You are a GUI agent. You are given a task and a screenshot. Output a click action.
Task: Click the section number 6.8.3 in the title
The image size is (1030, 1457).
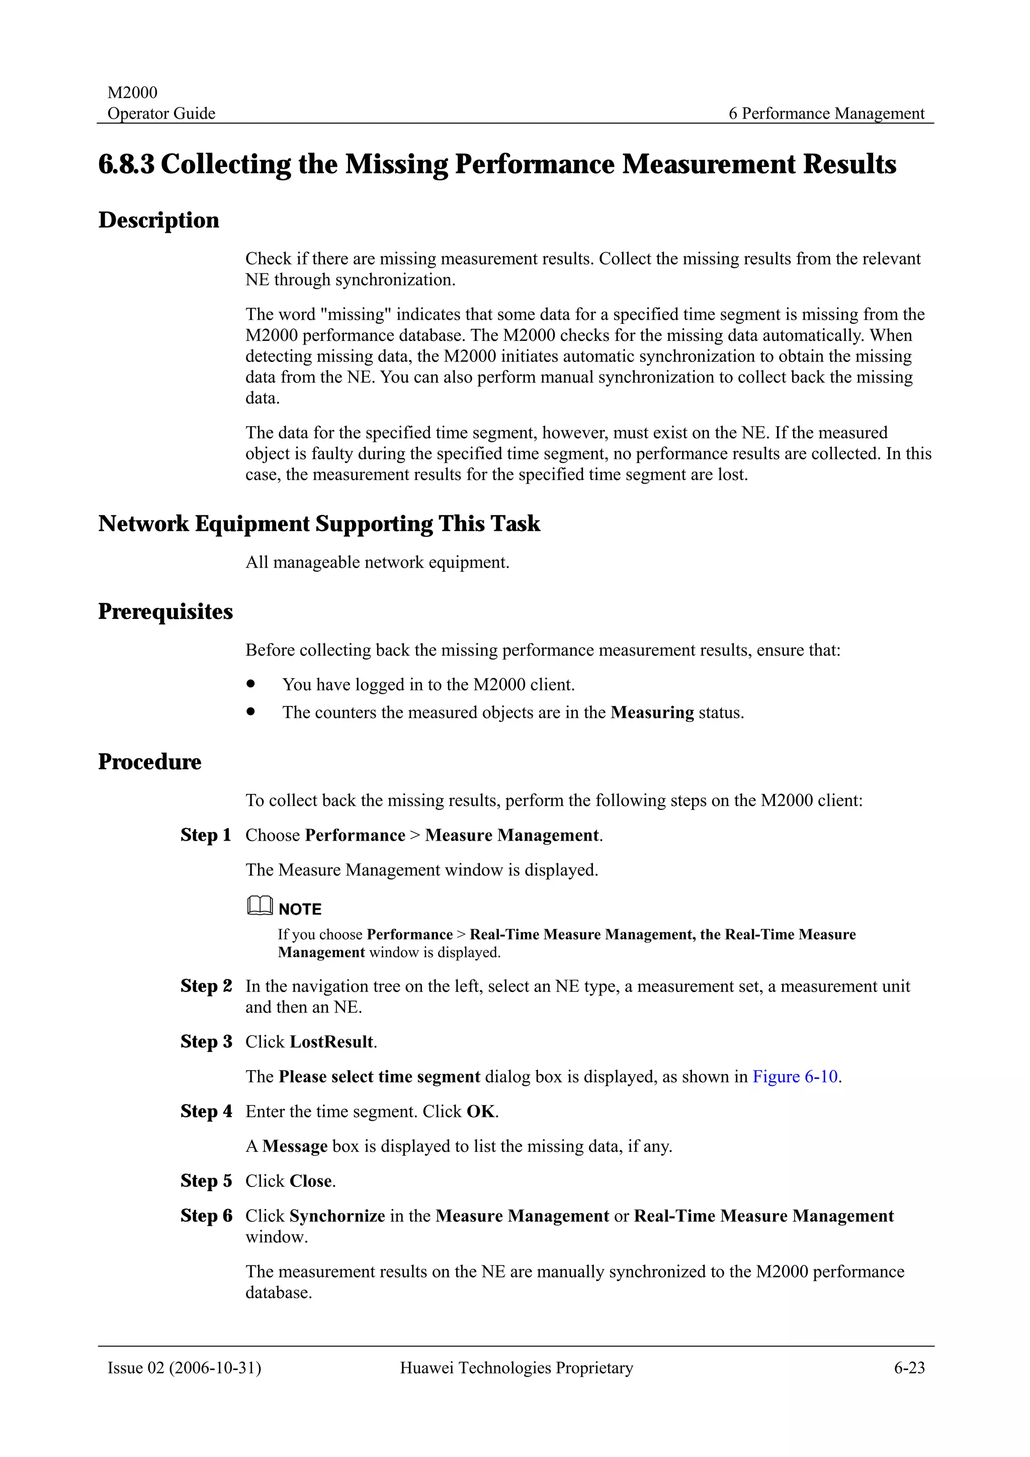126,164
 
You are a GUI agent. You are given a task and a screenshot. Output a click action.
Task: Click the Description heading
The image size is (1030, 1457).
158,220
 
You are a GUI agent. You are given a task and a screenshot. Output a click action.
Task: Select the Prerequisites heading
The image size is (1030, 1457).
165,612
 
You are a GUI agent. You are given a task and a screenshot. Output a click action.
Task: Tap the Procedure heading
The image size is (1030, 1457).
150,762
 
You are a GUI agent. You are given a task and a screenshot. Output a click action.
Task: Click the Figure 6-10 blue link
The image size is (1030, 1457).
795,1077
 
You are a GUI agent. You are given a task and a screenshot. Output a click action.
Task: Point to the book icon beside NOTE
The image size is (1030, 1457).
260,905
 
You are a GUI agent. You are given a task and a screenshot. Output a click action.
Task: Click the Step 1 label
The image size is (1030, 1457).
206,835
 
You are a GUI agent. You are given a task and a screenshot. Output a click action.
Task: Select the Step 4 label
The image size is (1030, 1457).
206,1112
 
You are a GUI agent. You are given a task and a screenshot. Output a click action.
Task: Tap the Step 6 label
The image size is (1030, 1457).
206,1216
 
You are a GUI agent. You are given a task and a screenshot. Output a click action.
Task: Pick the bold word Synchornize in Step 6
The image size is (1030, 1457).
337,1216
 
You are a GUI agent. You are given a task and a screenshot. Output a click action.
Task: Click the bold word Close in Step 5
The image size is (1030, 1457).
311,1181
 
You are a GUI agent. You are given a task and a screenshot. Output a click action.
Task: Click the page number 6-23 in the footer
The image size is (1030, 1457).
909,1368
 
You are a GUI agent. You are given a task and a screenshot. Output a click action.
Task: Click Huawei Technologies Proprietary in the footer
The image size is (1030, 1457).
516,1368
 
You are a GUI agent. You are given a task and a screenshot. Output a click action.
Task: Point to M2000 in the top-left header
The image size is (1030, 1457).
132,93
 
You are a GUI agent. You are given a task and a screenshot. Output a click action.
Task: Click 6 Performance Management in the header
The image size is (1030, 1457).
826,114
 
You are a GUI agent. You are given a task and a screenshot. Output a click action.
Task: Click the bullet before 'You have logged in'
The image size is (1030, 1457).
251,684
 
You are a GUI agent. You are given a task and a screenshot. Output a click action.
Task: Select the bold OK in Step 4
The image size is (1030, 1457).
480,1112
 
